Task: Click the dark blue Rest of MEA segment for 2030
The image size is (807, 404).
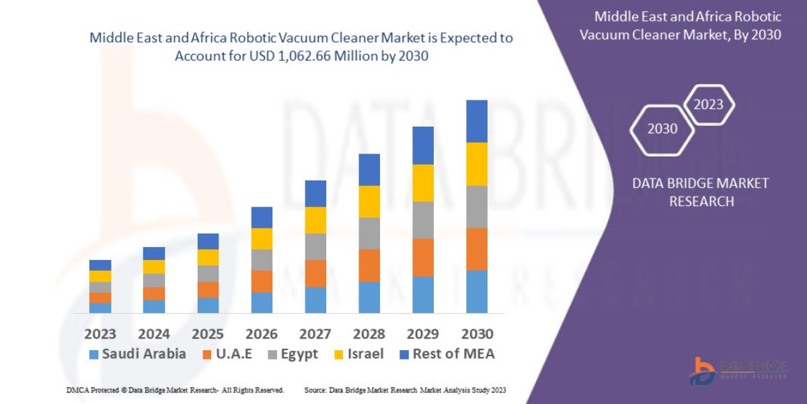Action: click(477, 121)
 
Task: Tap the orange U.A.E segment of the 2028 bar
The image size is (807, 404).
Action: click(369, 265)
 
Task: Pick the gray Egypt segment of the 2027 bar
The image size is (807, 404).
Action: click(315, 246)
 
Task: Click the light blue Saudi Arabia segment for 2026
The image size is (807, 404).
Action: click(262, 302)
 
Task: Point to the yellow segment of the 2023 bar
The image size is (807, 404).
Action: click(100, 276)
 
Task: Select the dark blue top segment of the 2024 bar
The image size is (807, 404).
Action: click(154, 253)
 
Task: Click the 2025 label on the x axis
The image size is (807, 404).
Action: click(208, 334)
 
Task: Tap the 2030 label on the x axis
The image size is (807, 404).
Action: click(477, 334)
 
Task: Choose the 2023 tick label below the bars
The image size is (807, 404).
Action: click(100, 334)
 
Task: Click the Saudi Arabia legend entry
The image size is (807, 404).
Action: click(137, 354)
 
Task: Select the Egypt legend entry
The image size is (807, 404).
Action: click(292, 354)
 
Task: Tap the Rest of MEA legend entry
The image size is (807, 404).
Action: click(447, 354)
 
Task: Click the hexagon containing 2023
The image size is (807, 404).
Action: click(708, 105)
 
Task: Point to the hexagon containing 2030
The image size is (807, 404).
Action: click(662, 129)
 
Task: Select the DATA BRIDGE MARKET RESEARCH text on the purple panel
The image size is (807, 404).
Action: click(701, 192)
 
